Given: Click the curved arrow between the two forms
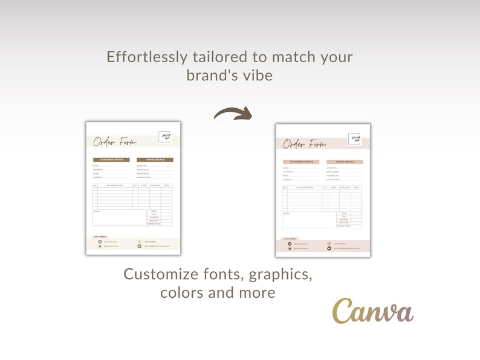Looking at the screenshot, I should pos(233,114).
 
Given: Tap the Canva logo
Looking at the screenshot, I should pos(372,312).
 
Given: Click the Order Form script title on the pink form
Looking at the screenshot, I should pos(305,144).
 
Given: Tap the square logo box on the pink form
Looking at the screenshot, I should pos(354,140).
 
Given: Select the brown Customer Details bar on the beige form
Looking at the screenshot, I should pos(111,160).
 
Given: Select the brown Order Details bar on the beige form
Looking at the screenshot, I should pos(155,160).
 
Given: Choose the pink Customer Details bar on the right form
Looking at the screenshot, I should pos(300,162).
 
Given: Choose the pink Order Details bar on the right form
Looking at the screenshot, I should pos(345,162).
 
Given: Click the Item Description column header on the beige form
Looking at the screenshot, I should pos(114,185).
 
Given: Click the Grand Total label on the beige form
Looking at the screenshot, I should pos(154,223).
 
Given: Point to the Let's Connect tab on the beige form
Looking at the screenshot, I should pos(100,237).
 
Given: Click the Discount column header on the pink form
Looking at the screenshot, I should pos(345,188).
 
